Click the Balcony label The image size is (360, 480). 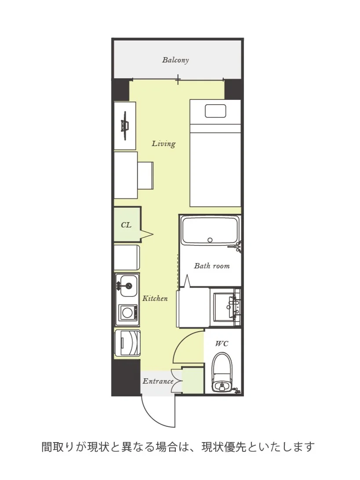[175, 60]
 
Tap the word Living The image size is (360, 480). [164, 143]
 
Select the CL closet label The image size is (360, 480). [126, 225]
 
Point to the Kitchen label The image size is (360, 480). [155, 298]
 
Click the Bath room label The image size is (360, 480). [212, 266]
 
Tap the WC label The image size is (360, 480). [222, 344]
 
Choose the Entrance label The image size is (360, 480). [158, 381]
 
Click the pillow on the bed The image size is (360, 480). [216, 111]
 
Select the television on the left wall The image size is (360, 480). [125, 126]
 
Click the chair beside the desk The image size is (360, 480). [145, 176]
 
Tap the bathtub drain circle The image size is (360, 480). [210, 240]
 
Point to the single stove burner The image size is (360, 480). [127, 313]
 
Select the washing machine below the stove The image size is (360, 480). [127, 343]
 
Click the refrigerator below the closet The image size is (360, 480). [127, 257]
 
